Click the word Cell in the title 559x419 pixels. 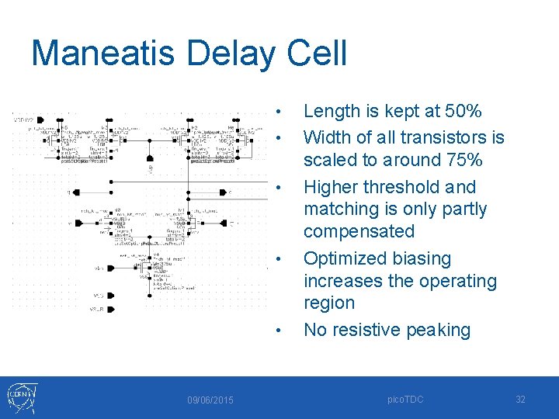pyautogui.click(x=318, y=54)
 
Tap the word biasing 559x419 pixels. pyautogui.click(x=424, y=258)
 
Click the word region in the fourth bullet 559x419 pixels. pyautogui.click(x=329, y=303)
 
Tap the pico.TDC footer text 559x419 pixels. pyautogui.click(x=408, y=399)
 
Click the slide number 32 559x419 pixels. pyautogui.click(x=521, y=399)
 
